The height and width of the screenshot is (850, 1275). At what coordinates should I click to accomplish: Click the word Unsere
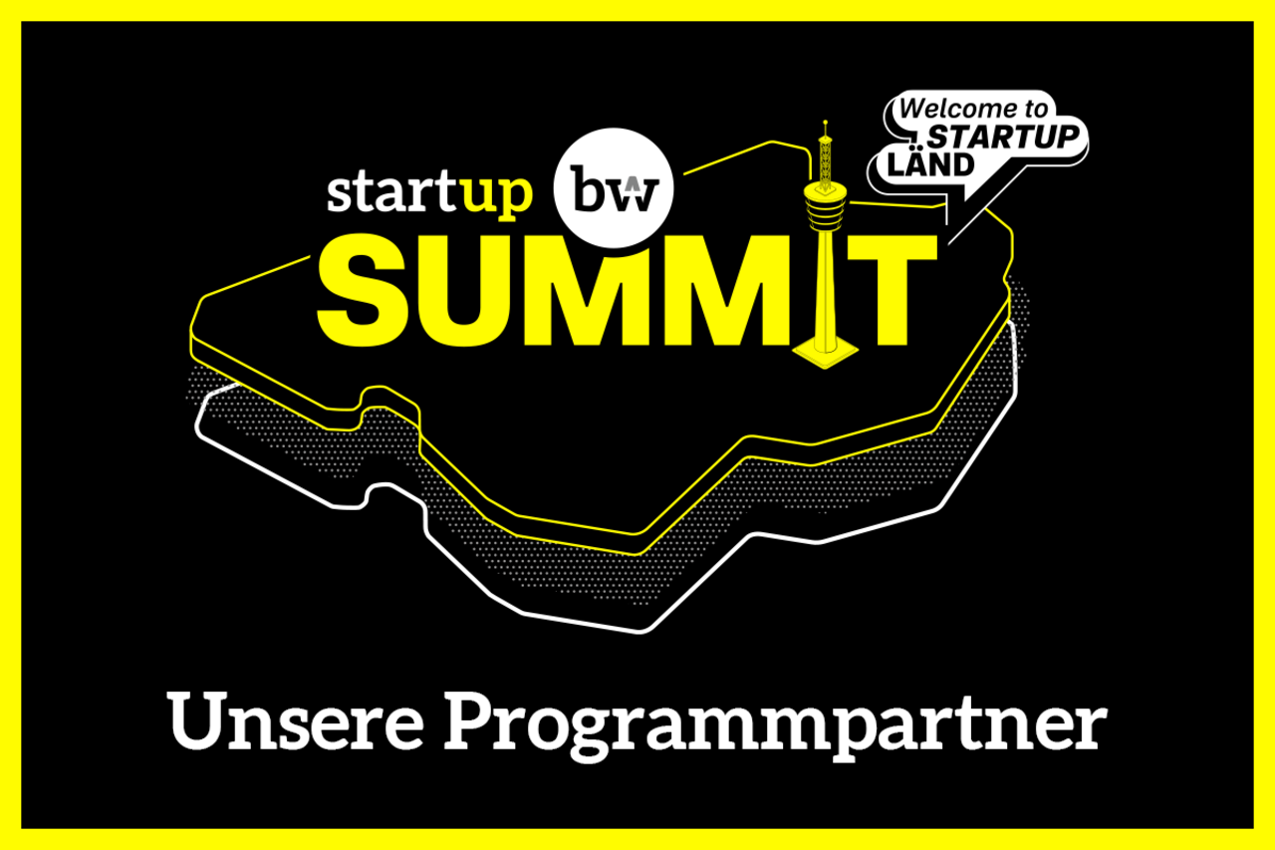click(x=295, y=721)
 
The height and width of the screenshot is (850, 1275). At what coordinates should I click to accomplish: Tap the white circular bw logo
click(x=614, y=188)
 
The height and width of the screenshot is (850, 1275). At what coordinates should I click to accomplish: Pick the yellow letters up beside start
click(x=497, y=196)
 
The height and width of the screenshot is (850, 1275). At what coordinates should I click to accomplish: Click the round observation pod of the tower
click(x=825, y=206)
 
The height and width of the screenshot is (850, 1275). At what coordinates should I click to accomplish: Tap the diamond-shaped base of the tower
click(x=826, y=353)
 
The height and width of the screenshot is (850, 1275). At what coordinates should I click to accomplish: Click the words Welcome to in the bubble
click(x=973, y=109)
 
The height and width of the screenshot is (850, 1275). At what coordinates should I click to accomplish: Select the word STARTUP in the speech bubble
click(x=1003, y=137)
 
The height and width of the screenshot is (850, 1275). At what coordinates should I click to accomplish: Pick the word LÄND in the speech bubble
click(x=930, y=164)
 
